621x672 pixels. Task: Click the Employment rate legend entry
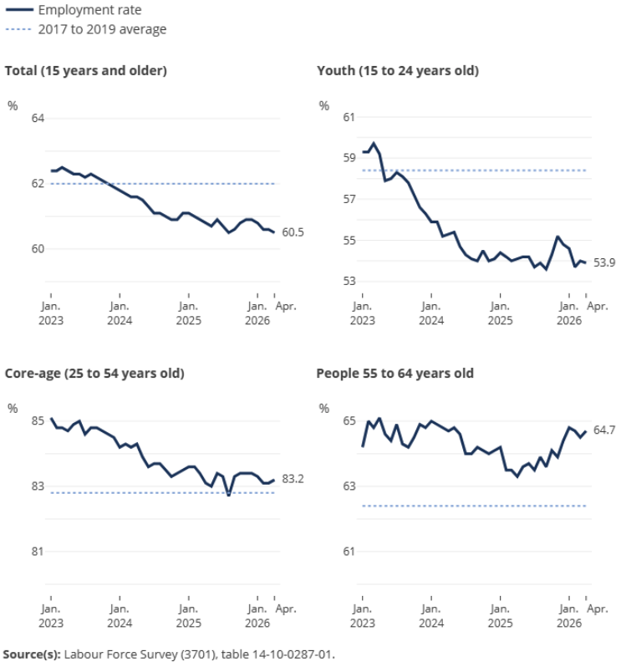point(74,10)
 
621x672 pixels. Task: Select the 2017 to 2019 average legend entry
point(86,29)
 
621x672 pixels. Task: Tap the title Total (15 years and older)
point(86,70)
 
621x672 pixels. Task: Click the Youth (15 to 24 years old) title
point(398,70)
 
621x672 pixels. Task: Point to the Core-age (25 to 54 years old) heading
point(94,373)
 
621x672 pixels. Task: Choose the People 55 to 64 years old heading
point(394,373)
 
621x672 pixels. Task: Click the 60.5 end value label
point(293,232)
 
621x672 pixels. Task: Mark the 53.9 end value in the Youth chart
point(604,262)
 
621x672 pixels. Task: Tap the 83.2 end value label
point(293,479)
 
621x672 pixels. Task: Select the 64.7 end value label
point(604,430)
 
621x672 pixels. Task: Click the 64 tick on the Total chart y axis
point(38,118)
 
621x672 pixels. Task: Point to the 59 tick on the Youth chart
point(349,158)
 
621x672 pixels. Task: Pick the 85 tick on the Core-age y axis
point(38,420)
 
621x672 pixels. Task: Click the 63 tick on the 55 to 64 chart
point(349,486)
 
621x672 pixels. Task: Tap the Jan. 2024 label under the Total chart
point(120,313)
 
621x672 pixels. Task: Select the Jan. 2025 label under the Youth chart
point(500,313)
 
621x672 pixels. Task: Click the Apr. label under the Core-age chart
point(286,608)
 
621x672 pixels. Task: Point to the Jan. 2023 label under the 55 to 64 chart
point(363,616)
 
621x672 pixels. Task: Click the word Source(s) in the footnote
point(32,654)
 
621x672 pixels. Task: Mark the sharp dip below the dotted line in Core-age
point(228,495)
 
